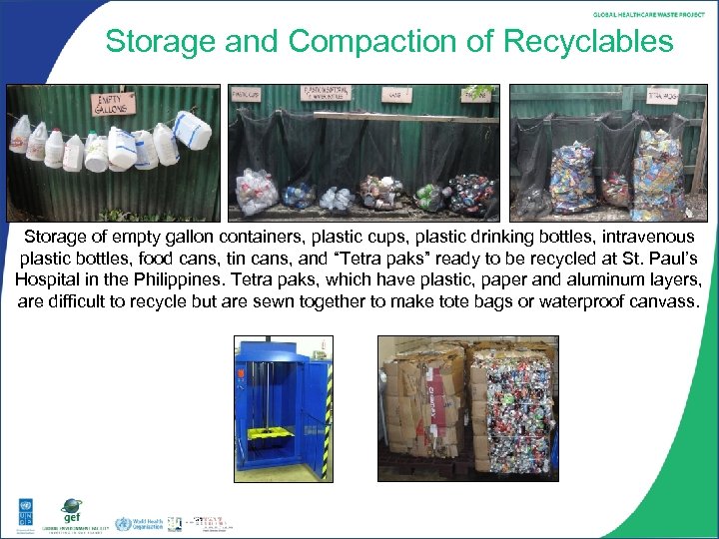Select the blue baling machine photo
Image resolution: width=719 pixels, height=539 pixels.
pyautogui.click(x=283, y=408)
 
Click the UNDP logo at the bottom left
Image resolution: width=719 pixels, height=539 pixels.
pyautogui.click(x=21, y=513)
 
